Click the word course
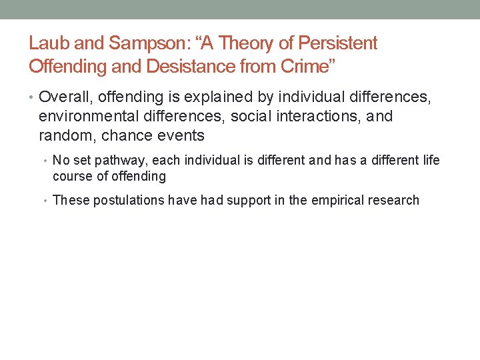click(71, 176)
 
